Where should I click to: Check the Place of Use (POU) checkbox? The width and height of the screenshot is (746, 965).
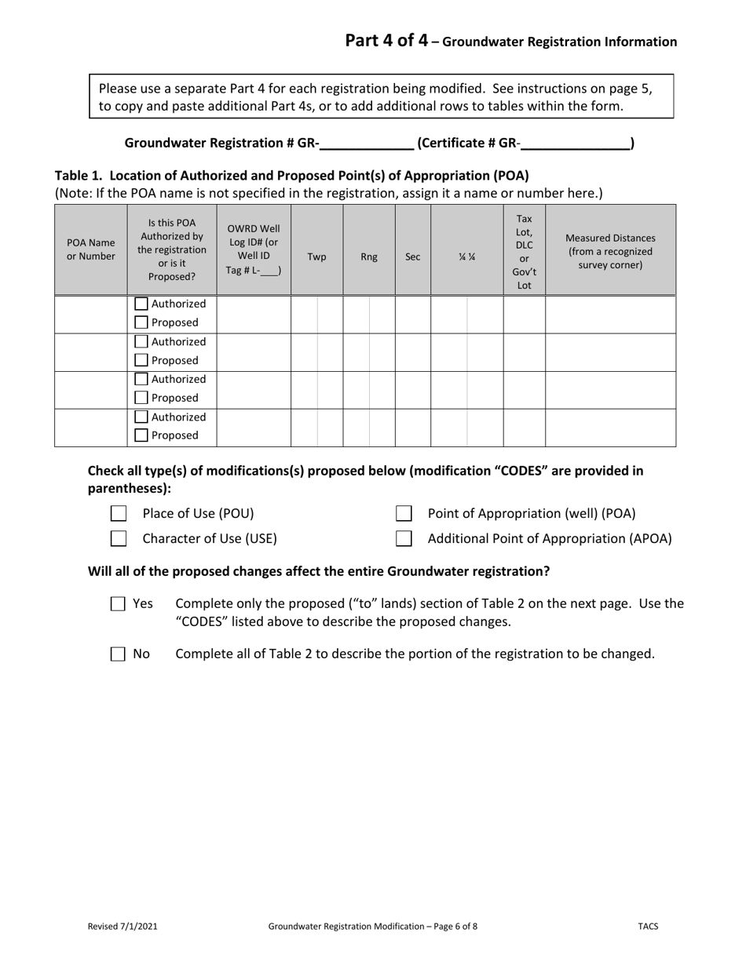click(119, 514)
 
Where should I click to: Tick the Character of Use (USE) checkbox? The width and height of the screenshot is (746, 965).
click(119, 538)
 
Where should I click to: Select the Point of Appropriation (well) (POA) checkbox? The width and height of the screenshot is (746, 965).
click(404, 514)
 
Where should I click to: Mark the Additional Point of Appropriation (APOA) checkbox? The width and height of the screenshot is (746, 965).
click(404, 538)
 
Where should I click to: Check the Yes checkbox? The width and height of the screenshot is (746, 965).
click(118, 603)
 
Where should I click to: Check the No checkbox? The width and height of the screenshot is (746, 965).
click(118, 654)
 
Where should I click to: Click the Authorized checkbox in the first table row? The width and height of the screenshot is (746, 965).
click(141, 304)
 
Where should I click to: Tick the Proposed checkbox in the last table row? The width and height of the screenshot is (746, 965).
click(141, 435)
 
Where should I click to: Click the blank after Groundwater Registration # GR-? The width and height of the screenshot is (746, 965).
click(367, 143)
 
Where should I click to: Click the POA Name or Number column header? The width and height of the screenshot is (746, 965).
click(90, 249)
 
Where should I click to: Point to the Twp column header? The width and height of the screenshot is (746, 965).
click(316, 257)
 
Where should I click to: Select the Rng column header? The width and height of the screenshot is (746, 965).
click(369, 257)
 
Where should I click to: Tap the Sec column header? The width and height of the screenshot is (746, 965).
click(412, 257)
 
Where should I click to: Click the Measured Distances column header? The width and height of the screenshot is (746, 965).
click(610, 250)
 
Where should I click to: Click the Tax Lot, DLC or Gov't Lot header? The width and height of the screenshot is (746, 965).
click(524, 252)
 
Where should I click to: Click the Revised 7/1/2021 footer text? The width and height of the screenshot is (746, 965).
click(123, 926)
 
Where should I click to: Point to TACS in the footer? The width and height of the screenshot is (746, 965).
click(648, 926)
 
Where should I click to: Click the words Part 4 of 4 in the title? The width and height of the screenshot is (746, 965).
click(386, 41)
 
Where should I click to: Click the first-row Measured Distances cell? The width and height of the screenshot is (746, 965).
click(610, 314)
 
